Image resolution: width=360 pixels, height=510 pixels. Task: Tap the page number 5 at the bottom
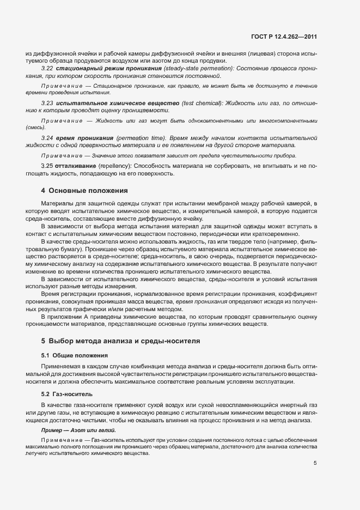click(315, 464)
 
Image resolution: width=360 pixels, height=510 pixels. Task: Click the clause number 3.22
click(47, 68)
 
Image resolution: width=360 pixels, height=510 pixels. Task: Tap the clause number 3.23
click(47, 103)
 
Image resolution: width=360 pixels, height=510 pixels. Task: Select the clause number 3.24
click(47, 138)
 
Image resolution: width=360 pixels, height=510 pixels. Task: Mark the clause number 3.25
click(47, 166)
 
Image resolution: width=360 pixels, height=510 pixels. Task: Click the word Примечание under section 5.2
click(60, 440)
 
